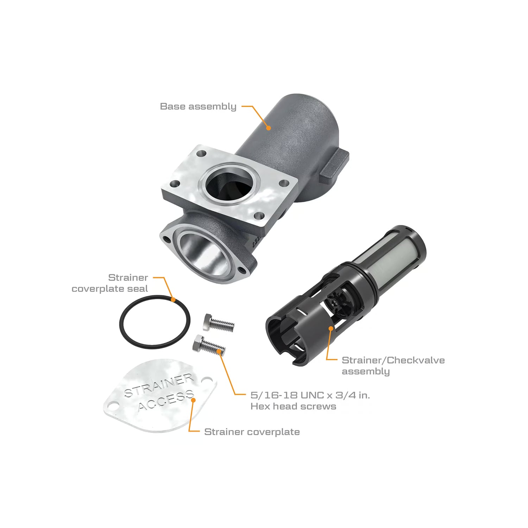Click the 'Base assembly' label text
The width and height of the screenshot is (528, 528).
[198, 107]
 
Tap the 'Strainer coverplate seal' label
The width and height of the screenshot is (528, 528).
[110, 283]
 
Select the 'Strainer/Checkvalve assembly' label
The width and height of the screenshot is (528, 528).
[393, 366]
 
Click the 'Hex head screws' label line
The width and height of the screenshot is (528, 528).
[293, 407]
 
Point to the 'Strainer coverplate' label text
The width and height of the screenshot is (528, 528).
[252, 432]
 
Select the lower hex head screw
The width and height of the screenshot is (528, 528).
[209, 345]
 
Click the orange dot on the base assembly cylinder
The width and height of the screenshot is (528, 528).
[268, 128]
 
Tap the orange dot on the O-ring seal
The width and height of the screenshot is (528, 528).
[173, 300]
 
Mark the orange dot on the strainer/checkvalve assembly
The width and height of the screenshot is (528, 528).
[331, 328]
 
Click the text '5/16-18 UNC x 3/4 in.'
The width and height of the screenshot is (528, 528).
[310, 395]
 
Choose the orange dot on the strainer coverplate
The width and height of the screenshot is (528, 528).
[193, 400]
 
